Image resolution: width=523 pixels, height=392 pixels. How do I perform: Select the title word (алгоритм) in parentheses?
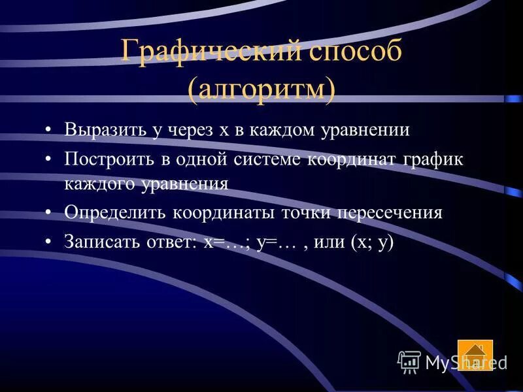[x=261, y=90]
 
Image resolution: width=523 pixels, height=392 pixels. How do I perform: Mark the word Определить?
[x=114, y=213]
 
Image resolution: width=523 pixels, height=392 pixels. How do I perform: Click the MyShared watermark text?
[x=465, y=362]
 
